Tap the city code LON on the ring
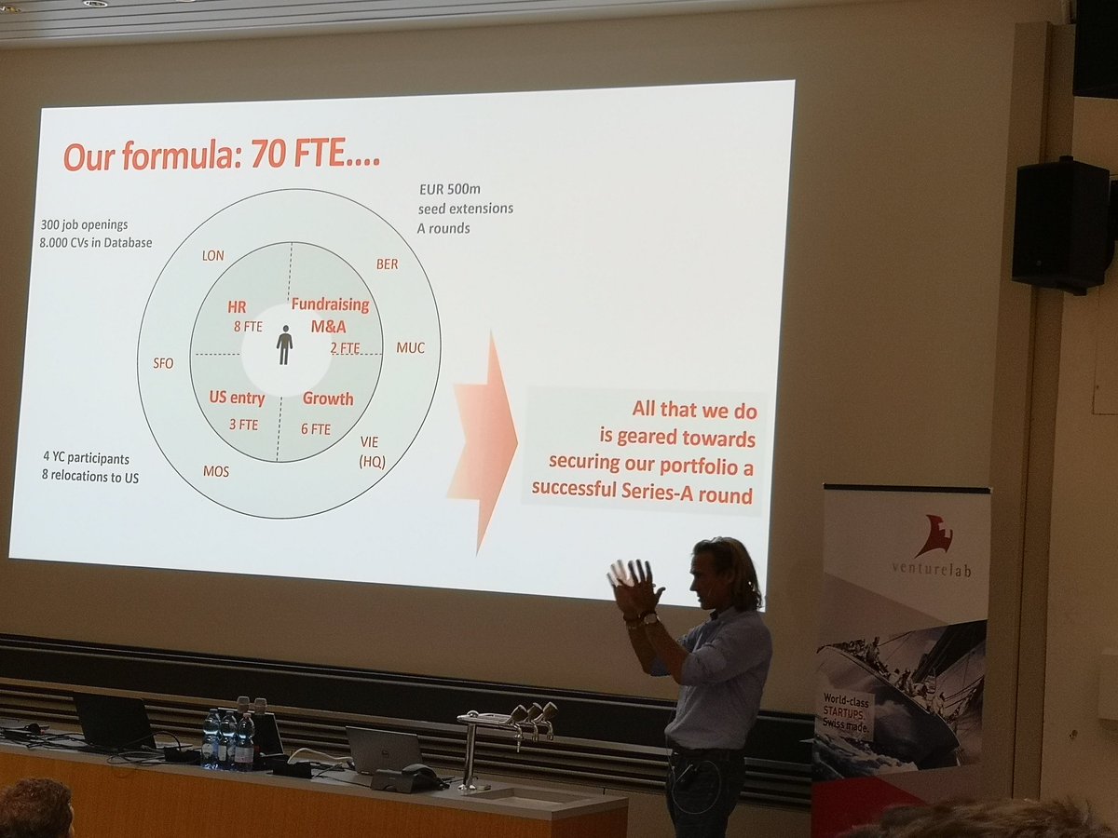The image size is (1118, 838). tap(212, 255)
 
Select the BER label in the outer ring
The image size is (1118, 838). tap(387, 264)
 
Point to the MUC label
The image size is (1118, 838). tap(410, 348)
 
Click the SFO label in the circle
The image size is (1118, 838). tap(163, 363)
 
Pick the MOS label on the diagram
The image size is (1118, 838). tap(216, 472)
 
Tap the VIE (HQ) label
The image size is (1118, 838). tap(373, 451)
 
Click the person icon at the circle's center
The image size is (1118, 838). tap(284, 345)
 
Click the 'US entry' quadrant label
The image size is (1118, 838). tap(237, 399)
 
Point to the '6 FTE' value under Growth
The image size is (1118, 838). tap(316, 429)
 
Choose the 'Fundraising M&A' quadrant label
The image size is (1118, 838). tap(330, 314)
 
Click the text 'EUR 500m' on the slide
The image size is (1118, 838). tap(451, 190)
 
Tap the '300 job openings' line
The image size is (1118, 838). tap(85, 225)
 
